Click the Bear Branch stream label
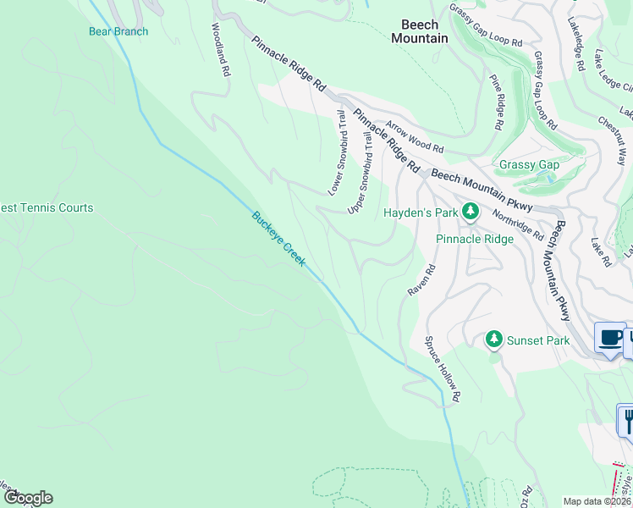pyautogui.click(x=118, y=32)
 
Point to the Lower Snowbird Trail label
pyautogui.click(x=337, y=152)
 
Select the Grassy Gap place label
pyautogui.click(x=529, y=164)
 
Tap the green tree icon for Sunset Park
pyautogui.click(x=493, y=340)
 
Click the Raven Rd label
pyautogui.click(x=421, y=280)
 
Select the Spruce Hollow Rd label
pyautogui.click(x=442, y=369)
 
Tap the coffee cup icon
pyautogui.click(x=609, y=338)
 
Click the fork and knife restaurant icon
pyautogui.click(x=627, y=420)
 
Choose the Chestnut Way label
pyautogui.click(x=612, y=141)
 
